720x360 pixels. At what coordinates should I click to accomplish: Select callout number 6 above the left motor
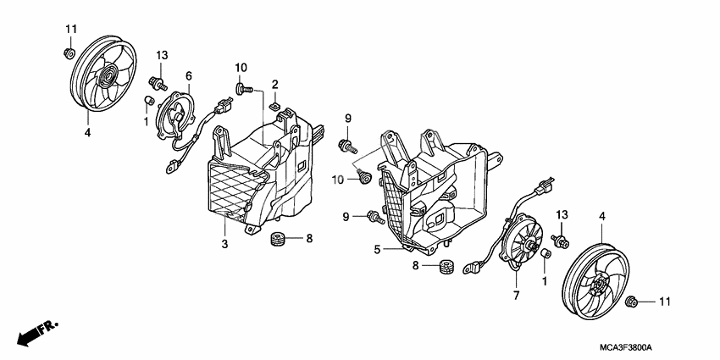click(189, 75)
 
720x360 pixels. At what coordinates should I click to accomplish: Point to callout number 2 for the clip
click(275, 83)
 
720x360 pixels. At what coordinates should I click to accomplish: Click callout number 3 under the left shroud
click(224, 245)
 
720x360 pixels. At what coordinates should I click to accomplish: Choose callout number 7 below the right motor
click(515, 295)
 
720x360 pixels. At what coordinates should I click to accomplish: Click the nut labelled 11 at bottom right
click(631, 302)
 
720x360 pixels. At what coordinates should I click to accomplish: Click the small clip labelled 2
click(276, 107)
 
